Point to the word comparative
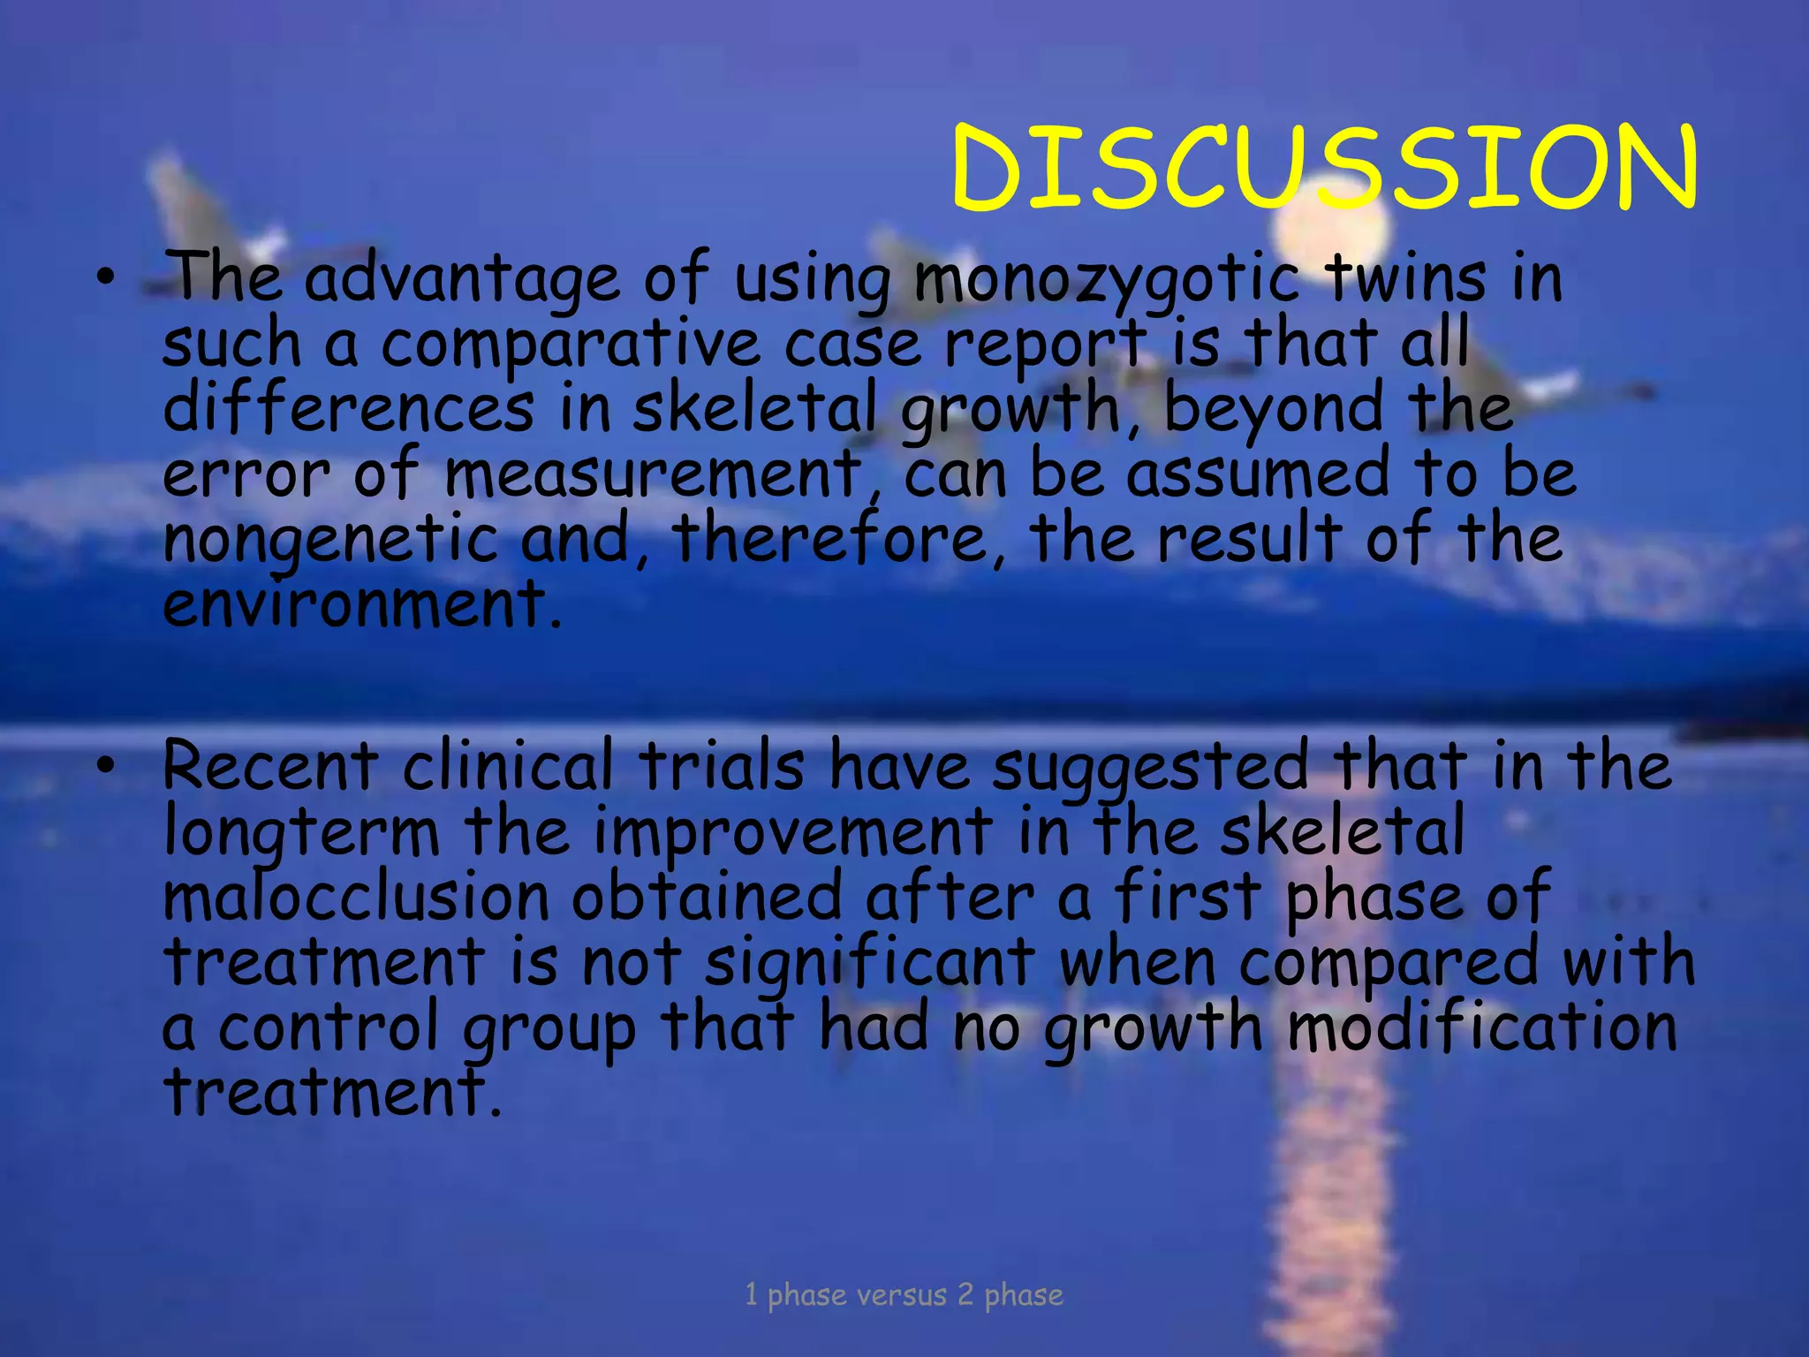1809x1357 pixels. point(571,345)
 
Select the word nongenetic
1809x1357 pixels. point(331,541)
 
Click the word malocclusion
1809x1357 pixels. point(356,898)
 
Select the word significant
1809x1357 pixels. point(870,963)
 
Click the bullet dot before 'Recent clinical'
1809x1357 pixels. point(106,768)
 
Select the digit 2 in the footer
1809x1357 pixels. point(965,1295)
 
